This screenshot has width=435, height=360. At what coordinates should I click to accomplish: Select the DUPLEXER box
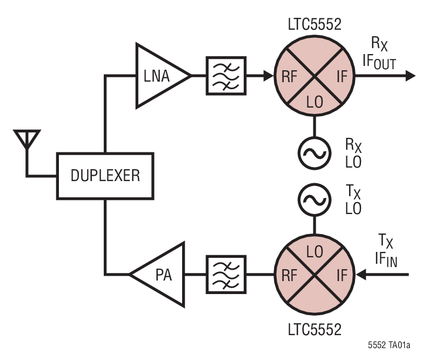pos(105,175)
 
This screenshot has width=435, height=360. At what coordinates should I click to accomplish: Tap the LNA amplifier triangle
pos(157,76)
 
